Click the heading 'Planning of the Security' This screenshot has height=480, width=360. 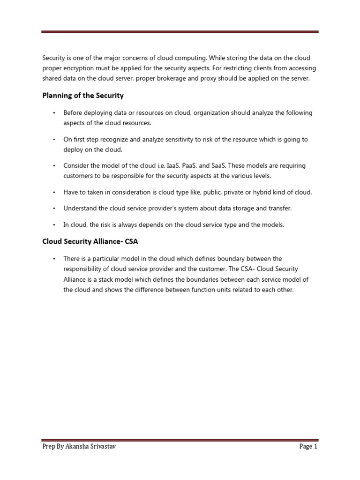pyautogui.click(x=83, y=96)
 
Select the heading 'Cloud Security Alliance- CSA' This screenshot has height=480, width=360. pyautogui.click(x=90, y=241)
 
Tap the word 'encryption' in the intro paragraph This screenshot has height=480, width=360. pyautogui.click(x=79, y=68)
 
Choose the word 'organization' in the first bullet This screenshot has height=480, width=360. pyautogui.click(x=211, y=113)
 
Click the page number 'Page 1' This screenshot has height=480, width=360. pyautogui.click(x=308, y=447)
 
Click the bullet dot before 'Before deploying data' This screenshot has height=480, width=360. pyautogui.click(x=54, y=113)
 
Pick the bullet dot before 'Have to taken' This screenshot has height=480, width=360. pyautogui.click(x=54, y=193)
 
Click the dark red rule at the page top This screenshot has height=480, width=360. pyautogui.click(x=180, y=32)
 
